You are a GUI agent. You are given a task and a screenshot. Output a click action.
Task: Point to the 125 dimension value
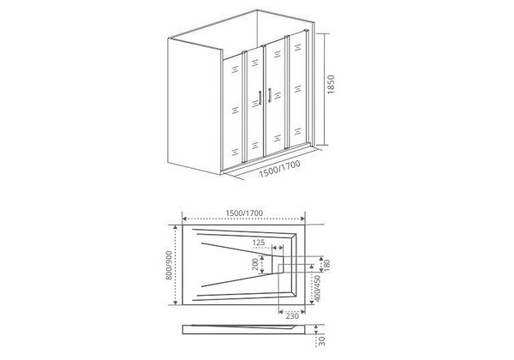(x=258, y=243)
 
